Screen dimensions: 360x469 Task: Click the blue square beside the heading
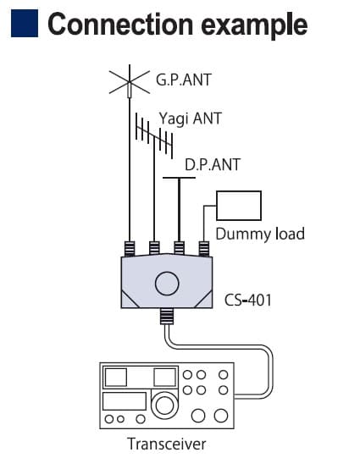25,24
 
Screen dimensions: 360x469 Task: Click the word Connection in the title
120,24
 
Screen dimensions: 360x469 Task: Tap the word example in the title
254,26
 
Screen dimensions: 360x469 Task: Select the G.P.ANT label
184,80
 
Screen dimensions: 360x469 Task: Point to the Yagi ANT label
191,119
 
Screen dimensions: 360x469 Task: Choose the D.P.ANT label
213,164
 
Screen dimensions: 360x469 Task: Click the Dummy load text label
260,234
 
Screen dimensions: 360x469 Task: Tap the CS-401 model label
248,300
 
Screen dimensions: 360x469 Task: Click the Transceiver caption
167,444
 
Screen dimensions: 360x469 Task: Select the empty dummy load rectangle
239,206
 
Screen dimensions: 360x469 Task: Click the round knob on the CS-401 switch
167,284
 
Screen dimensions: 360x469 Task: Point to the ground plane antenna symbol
130,82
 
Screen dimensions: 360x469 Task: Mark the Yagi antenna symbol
154,136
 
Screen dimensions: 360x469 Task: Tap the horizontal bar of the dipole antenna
179,178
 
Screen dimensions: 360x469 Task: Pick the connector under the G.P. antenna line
130,249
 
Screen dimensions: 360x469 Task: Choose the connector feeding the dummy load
204,249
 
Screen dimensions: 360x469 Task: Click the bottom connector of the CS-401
167,317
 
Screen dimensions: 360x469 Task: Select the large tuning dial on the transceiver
164,406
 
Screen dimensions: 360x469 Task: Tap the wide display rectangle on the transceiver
125,401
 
